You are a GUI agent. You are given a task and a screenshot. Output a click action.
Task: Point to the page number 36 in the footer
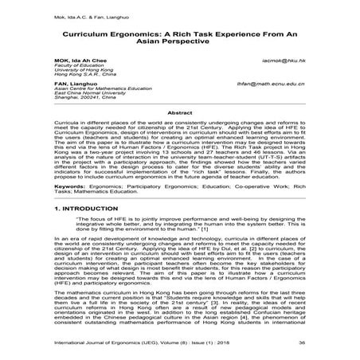(324, 343)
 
